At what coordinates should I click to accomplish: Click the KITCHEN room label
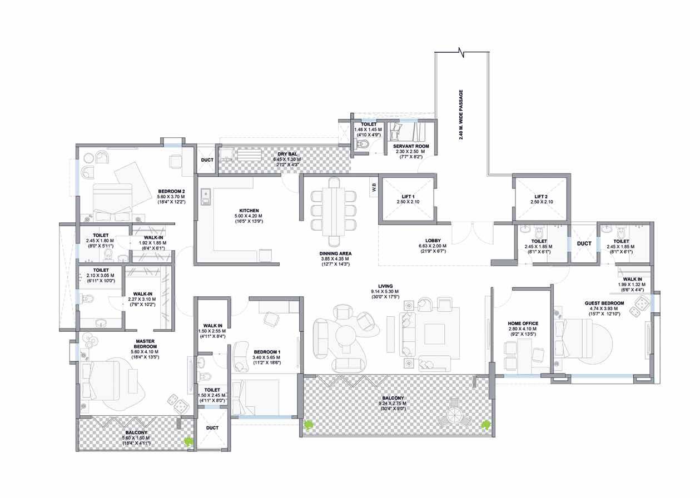coord(249,211)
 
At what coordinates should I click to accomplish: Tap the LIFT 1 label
coord(408,197)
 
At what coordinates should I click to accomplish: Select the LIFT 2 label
coord(541,197)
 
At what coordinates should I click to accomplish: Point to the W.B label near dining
coord(374,187)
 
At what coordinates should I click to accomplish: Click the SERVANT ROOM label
coord(411,146)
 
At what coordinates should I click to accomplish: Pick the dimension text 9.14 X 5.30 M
coord(385,291)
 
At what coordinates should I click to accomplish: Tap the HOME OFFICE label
coord(523,323)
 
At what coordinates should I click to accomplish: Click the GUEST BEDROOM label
coord(604,303)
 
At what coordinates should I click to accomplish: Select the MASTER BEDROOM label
coord(145,343)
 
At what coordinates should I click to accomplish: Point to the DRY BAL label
coord(287,154)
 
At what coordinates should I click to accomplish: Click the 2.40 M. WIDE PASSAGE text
coord(461,114)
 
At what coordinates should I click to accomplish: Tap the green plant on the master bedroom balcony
coord(188,441)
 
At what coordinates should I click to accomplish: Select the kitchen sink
coord(205,197)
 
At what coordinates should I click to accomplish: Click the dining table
coord(334,212)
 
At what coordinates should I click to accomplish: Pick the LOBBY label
coord(433,241)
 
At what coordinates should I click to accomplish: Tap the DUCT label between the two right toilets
coord(584,243)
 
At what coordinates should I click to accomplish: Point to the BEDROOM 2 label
coord(171,191)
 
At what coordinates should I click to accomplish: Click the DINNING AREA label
coord(335,253)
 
